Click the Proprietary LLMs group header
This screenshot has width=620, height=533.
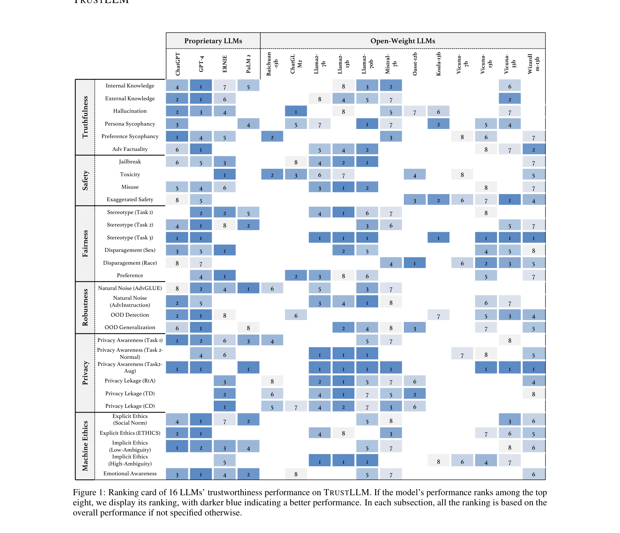point(213,41)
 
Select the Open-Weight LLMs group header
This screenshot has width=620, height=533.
point(403,41)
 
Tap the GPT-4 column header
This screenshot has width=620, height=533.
point(201,64)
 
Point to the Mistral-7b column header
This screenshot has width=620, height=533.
point(391,64)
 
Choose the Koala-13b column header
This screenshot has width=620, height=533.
point(438,64)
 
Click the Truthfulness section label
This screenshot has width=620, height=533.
point(85,117)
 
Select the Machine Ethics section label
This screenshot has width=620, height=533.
point(85,446)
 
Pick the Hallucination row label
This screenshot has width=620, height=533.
point(130,111)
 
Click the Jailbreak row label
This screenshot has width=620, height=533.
point(130,162)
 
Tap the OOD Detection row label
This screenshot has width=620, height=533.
point(130,315)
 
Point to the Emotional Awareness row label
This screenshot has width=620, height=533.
point(130,474)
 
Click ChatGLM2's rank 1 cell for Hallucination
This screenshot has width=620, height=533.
point(296,111)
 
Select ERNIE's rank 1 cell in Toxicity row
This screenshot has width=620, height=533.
point(225,175)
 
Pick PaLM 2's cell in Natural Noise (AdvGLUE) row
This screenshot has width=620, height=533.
point(248,288)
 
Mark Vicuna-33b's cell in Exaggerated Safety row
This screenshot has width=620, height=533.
point(510,200)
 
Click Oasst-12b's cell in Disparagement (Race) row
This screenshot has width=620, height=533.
point(415,263)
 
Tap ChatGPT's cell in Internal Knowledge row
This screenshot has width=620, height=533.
point(177,86)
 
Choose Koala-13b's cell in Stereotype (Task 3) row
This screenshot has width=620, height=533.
point(438,238)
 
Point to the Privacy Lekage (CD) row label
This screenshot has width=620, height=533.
point(130,406)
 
